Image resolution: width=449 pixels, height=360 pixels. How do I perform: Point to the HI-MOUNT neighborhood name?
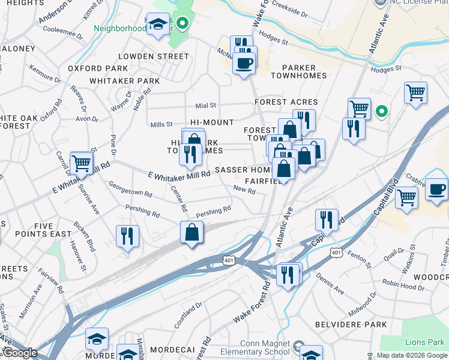212,122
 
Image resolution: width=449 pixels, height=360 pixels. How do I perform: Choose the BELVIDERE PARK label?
351,325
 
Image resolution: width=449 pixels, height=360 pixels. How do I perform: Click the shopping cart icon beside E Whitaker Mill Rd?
81,163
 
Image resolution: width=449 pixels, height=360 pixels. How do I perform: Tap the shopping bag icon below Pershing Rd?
191,233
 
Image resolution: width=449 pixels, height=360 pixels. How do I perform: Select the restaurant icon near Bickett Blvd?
127,236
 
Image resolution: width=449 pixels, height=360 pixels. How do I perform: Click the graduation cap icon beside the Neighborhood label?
158,25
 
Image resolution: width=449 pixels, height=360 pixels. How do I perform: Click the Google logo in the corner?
19,353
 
